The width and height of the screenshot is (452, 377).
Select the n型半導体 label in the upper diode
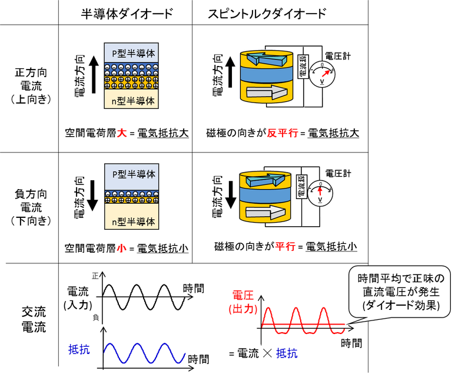134,100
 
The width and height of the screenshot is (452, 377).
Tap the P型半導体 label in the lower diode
134,174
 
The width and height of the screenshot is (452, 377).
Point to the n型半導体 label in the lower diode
134,222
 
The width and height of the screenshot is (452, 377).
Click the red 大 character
121,133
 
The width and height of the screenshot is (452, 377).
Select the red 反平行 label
282,133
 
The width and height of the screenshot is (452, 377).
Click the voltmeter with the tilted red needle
322,75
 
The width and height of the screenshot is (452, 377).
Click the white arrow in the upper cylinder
267,92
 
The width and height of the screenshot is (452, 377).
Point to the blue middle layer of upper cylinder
267,74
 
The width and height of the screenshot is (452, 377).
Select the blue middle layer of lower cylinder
266,195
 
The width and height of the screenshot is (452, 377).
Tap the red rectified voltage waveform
303,322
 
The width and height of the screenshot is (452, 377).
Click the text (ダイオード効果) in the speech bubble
398,305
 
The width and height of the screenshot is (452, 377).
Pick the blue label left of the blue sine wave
79,350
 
